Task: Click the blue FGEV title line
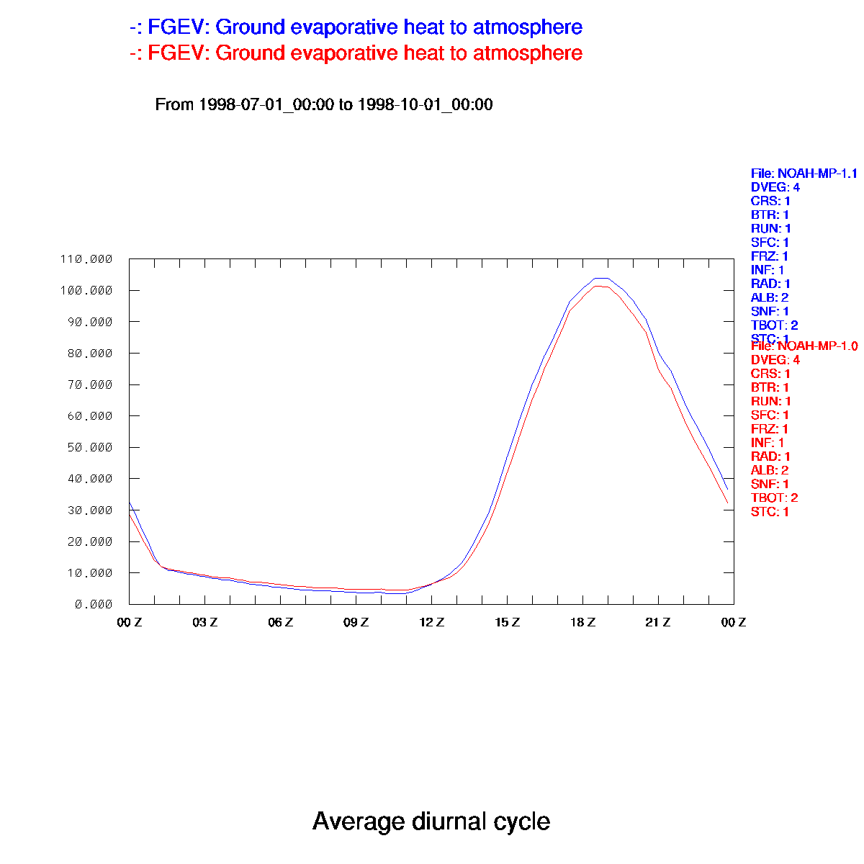pyautogui.click(x=356, y=27)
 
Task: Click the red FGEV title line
pyautogui.click(x=356, y=53)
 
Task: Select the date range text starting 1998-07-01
pyautogui.click(x=324, y=104)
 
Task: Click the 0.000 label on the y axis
pyautogui.click(x=94, y=604)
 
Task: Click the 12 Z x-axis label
pyautogui.click(x=432, y=623)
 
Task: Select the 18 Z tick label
pyautogui.click(x=583, y=623)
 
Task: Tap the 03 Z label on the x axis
pyautogui.click(x=205, y=623)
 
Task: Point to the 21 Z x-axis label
pyautogui.click(x=658, y=623)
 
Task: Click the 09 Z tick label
pyautogui.click(x=356, y=623)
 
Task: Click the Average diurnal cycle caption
pyautogui.click(x=431, y=822)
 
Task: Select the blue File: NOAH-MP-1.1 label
pyautogui.click(x=804, y=174)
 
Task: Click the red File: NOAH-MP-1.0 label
pyautogui.click(x=804, y=346)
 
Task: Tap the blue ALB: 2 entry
pyautogui.click(x=770, y=297)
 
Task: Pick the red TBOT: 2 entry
pyautogui.click(x=774, y=498)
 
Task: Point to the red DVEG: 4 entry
pyautogui.click(x=775, y=360)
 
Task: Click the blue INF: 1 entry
pyautogui.click(x=768, y=270)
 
